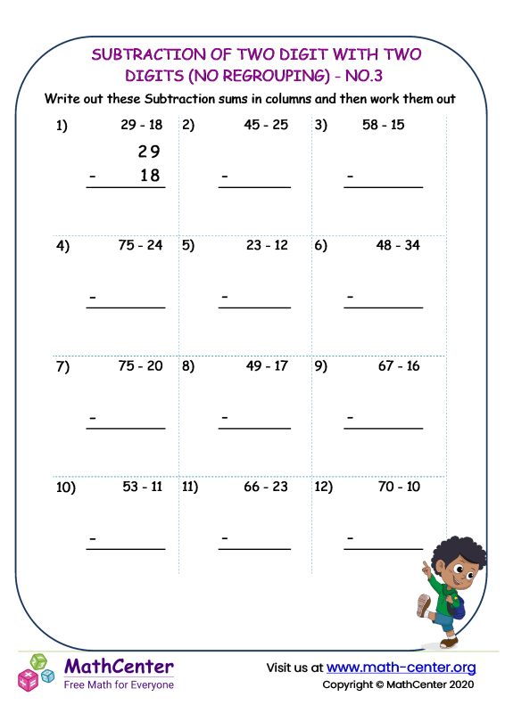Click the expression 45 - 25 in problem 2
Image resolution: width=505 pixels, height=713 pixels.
click(266, 125)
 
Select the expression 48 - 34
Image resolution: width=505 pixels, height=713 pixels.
click(398, 245)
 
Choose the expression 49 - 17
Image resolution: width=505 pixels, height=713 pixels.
click(266, 365)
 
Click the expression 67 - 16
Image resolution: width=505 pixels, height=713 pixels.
click(398, 365)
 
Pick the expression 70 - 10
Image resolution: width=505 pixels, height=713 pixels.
click(398, 487)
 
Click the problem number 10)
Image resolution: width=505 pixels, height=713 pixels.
click(66, 488)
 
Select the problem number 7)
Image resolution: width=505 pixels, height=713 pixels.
click(62, 366)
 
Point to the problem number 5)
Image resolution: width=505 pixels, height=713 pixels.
click(188, 246)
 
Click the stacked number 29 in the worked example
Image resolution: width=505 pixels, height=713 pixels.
click(149, 152)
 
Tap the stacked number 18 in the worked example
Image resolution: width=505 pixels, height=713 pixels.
click(150, 176)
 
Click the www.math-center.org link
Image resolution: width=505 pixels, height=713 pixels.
click(401, 668)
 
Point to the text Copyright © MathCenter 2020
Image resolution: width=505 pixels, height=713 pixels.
click(398, 684)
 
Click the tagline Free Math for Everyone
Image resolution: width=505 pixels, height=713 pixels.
click(119, 684)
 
